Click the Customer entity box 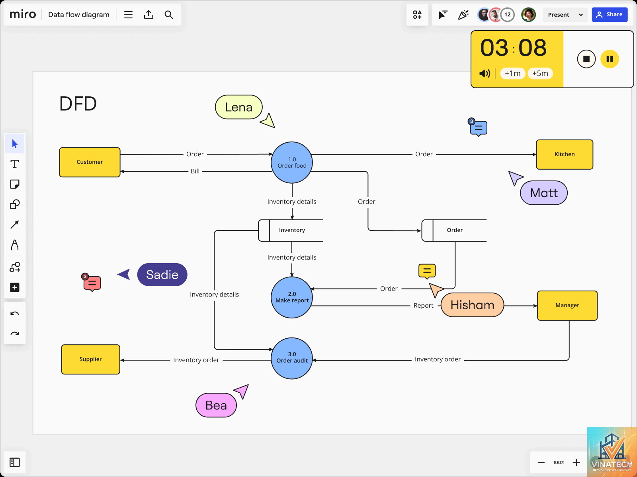point(90,162)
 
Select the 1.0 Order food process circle point(292,163)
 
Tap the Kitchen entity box point(565,154)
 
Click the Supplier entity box point(90,359)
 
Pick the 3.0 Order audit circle point(292,358)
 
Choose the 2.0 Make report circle point(292,297)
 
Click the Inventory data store point(291,230)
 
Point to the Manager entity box point(567,306)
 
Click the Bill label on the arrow point(195,171)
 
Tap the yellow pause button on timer point(610,59)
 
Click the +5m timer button point(540,73)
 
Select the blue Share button point(610,14)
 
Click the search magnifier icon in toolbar point(169,14)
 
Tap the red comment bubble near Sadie point(92,283)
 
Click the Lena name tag point(238,107)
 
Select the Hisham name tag point(472,305)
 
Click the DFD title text point(78,103)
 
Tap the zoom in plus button point(576,462)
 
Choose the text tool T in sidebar point(14,164)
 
